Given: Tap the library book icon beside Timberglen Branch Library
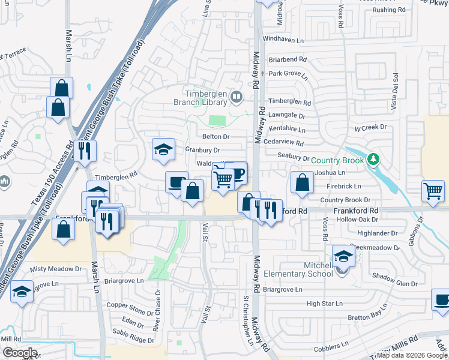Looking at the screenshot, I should pos(237,97).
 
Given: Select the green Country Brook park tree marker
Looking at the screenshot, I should pos(374,159).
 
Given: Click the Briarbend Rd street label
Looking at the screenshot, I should pos(288,60).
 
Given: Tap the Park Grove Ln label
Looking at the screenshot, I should pos(288,74).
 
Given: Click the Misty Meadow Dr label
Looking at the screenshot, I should pos(55,269).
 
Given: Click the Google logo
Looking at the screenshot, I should pos(20,353).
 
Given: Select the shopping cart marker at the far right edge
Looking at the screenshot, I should pos(433,191).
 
